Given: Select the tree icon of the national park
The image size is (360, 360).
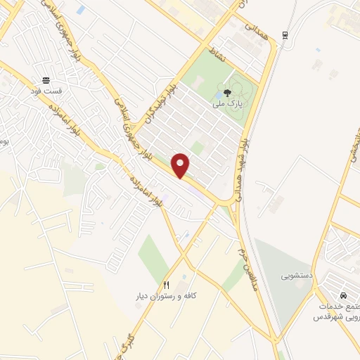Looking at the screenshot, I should tap(223, 94).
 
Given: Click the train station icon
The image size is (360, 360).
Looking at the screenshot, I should tap(284, 35).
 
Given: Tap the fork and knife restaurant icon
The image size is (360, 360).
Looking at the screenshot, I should tap(166, 285).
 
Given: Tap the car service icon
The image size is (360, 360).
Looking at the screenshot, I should tap(343, 296).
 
